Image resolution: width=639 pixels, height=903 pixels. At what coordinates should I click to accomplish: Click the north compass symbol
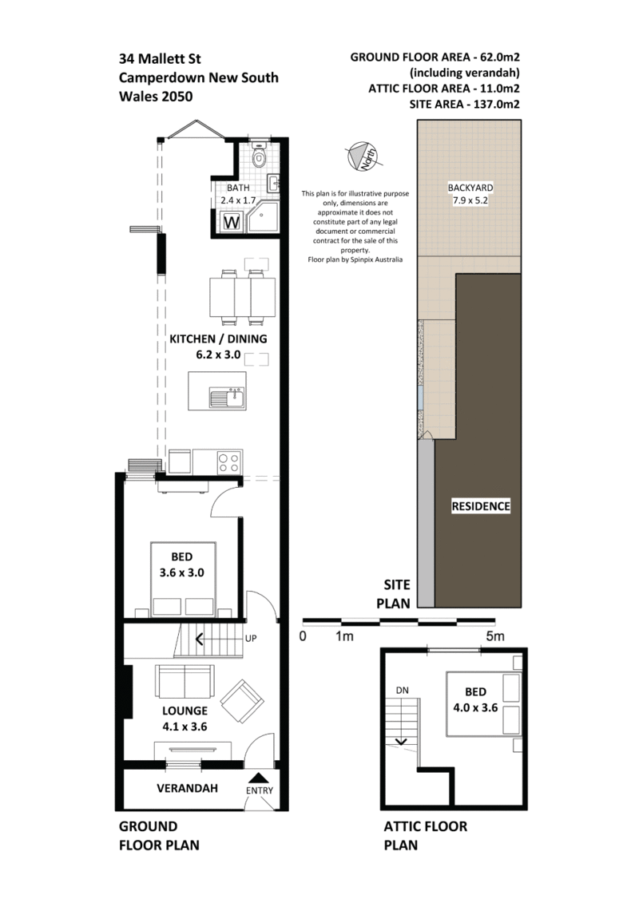click(361, 156)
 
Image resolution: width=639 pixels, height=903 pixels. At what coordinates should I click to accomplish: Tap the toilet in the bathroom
click(259, 154)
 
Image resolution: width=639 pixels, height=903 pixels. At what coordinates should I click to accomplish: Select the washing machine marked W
click(231, 222)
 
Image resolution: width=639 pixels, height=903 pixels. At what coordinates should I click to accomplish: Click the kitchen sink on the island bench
click(227, 398)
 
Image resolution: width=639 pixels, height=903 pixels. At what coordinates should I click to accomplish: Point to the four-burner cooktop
click(228, 462)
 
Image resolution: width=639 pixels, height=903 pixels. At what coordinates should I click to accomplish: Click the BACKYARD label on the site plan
click(470, 187)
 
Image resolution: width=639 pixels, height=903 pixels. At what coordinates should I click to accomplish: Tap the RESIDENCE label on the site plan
click(481, 506)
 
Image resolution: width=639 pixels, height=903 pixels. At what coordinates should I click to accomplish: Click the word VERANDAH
click(187, 788)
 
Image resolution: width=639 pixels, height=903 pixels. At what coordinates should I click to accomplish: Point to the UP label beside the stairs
click(251, 638)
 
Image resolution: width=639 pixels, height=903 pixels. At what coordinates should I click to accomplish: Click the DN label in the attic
click(403, 690)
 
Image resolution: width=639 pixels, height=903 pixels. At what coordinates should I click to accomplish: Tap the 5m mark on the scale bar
click(495, 636)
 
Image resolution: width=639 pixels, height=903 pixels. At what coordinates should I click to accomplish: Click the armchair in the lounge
click(242, 702)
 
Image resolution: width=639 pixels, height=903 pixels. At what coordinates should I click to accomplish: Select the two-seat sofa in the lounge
click(185, 681)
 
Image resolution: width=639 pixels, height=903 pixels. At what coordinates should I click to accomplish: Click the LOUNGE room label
click(185, 711)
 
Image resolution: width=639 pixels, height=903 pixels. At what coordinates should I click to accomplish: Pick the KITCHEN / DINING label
click(218, 339)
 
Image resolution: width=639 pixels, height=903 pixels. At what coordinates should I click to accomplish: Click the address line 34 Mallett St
click(160, 59)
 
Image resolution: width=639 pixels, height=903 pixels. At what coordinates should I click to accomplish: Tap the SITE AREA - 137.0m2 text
click(464, 105)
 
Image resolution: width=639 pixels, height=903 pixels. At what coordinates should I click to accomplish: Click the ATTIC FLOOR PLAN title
click(425, 836)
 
